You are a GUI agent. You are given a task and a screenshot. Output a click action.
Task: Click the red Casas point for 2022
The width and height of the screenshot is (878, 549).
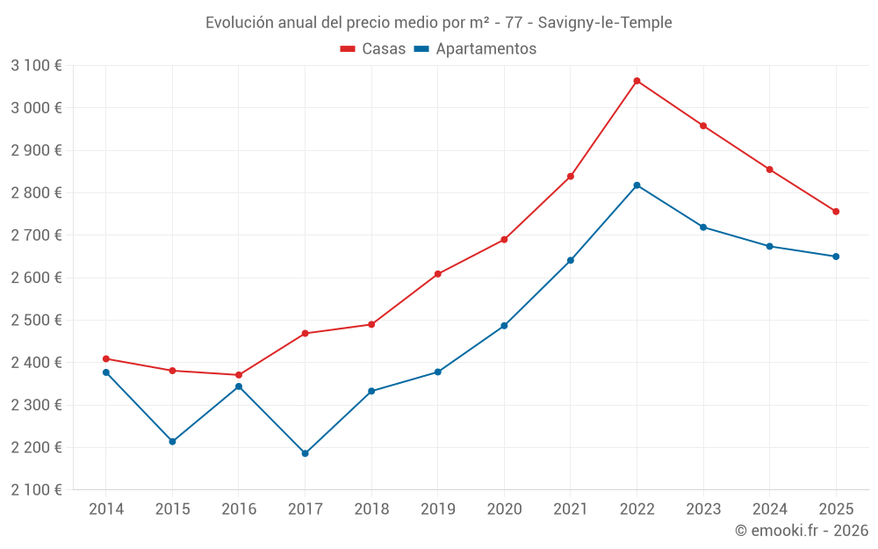637,81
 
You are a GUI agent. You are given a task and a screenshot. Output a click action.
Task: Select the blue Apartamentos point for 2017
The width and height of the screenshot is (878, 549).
305,453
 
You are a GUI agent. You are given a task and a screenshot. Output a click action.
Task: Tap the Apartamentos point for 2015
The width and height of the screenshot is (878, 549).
172,441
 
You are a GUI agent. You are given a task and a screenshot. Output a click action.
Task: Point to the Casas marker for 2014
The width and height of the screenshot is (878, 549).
105,358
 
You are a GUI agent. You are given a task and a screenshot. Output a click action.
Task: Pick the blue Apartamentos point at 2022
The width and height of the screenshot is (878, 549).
637,185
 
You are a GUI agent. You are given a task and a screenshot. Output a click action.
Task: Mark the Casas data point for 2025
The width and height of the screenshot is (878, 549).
836,212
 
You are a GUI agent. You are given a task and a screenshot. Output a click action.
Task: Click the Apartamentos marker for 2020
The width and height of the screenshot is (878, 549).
504,326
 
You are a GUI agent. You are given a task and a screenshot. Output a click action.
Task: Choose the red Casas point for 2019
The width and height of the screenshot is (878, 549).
437,274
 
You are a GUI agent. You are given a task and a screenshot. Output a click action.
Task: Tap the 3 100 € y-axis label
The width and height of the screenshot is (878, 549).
36,65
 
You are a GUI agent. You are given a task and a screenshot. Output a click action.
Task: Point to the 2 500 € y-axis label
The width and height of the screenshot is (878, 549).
36,320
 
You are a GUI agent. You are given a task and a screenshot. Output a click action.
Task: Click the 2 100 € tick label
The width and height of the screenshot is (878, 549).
36,489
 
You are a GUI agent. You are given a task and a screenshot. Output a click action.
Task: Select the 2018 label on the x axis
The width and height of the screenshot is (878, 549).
371,509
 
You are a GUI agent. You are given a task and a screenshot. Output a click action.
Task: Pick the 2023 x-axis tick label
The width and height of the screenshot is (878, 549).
703,509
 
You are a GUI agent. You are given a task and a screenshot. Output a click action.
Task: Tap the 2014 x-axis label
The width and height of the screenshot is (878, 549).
105,509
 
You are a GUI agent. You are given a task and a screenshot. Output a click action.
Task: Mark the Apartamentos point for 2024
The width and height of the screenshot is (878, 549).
770,246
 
